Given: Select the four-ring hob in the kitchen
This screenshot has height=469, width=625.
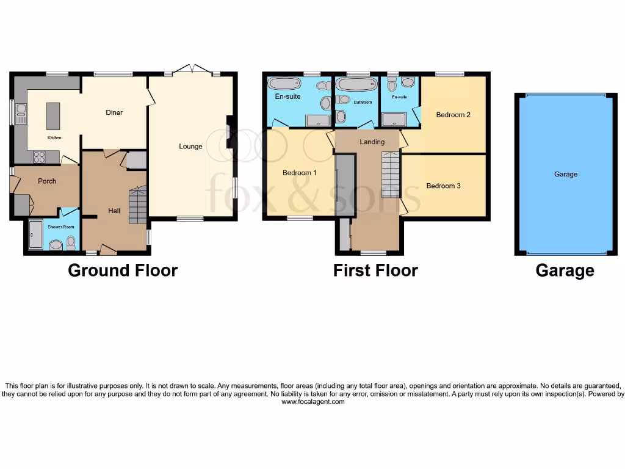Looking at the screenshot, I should coord(40,157).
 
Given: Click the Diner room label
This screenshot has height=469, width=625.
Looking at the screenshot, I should coord(114,112).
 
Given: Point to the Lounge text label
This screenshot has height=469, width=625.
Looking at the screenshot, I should coord(190,146).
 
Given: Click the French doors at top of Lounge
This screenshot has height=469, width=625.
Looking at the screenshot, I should coord(192,70).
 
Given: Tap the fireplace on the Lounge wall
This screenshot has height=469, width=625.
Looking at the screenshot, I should coord(229,133).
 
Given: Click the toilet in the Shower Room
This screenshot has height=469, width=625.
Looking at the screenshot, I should coord(71,243).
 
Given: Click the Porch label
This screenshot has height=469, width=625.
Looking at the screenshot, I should coord(47,181).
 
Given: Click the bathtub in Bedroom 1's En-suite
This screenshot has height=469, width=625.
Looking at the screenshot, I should coord(284,84).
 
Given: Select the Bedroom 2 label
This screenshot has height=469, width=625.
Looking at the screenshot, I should coord(453,114).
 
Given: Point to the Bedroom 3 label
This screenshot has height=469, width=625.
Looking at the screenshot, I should coord(443,186).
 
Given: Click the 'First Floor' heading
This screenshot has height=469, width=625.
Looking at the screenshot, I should coord(375,271).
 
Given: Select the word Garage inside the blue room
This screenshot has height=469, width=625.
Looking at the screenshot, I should coord(565,174).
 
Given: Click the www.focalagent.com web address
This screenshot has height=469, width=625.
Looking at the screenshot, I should coord(312,402).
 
